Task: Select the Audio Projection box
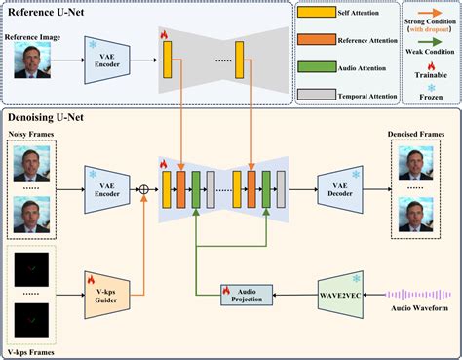point(247,292)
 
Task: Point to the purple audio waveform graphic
point(418,292)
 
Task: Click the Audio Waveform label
point(418,310)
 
